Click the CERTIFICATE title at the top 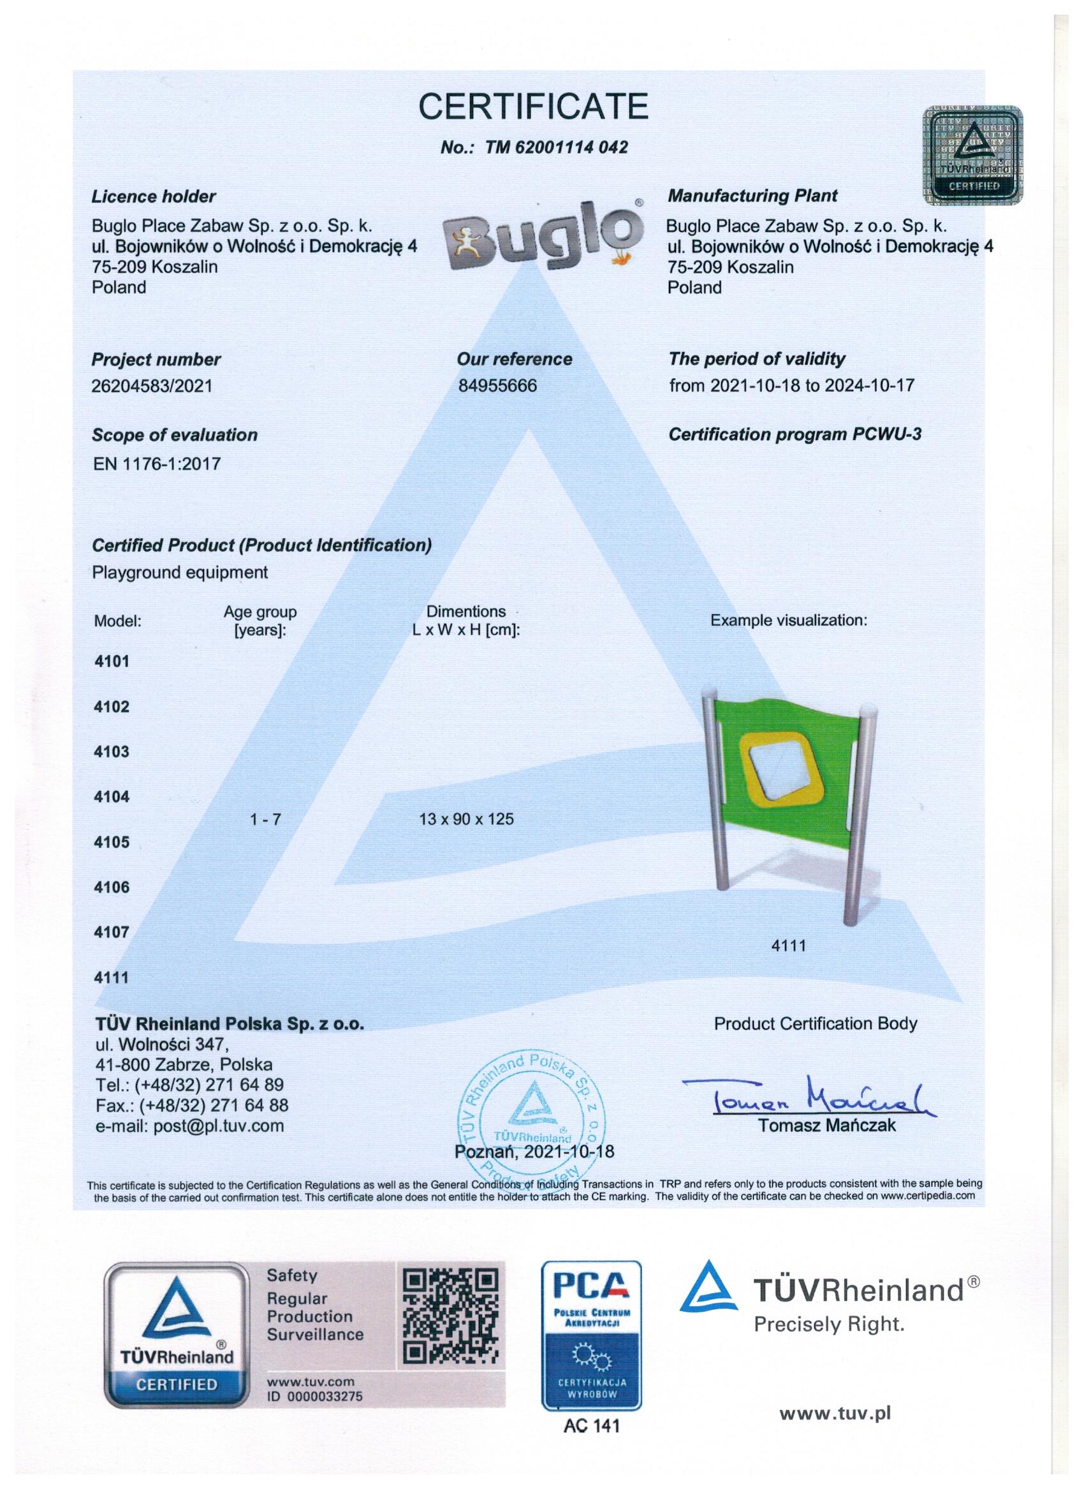[533, 106]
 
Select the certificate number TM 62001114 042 [533, 147]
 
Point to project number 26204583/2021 [152, 386]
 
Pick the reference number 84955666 [497, 386]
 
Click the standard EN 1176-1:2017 [156, 464]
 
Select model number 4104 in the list [111, 797]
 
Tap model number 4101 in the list [111, 661]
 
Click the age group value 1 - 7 [265, 819]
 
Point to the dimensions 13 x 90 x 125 [467, 819]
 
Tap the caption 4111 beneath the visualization [789, 945]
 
